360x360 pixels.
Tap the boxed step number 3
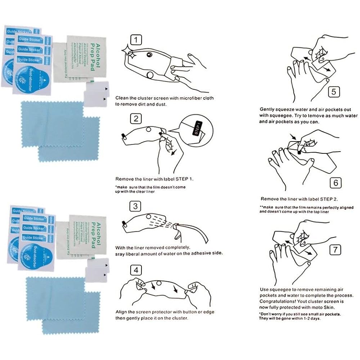coord(135,206)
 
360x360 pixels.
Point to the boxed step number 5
coord(333,93)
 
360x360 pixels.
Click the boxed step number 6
coord(336,183)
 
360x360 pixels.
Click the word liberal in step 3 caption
coord(138,253)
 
